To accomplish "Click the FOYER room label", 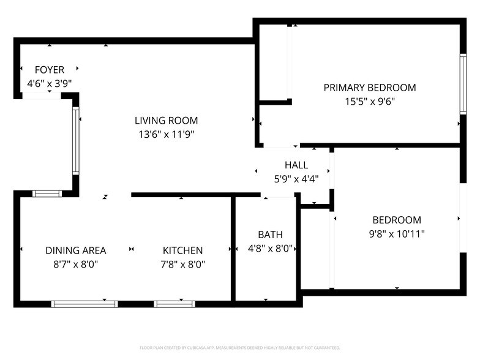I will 49,70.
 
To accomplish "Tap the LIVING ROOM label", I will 166,121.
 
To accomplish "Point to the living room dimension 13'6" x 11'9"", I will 166,134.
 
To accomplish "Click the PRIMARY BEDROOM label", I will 369,88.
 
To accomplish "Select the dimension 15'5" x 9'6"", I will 369,101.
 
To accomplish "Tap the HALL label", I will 296,165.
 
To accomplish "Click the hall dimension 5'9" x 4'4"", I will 296,179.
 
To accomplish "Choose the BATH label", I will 270,234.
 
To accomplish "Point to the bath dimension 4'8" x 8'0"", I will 270,249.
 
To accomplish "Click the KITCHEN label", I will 182,250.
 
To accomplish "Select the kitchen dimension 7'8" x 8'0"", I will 182,264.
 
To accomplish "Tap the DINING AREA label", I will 75,250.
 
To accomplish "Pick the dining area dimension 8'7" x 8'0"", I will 75,264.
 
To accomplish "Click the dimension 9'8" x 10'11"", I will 397,233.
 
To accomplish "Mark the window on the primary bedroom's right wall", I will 463,84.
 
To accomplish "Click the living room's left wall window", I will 76,141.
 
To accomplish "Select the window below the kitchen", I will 174,304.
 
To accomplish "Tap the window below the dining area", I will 84,304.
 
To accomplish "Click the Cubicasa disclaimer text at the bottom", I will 240,347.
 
